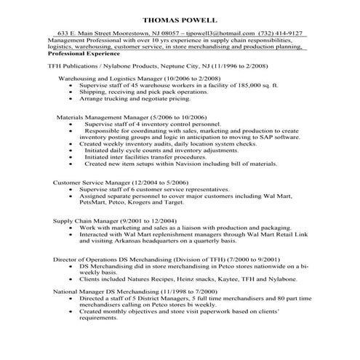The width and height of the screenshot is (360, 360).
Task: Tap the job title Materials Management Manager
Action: click(102, 117)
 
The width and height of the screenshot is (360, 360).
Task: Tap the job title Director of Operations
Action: click(78, 260)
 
